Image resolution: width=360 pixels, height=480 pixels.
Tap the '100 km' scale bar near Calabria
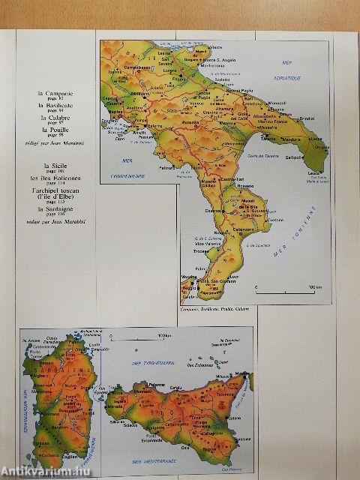tap(282, 288)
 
